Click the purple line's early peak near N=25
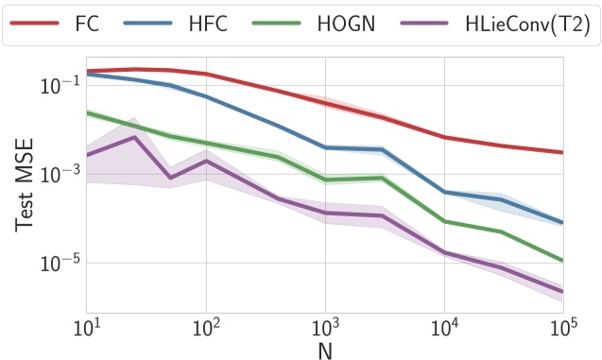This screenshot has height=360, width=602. [x=134, y=137]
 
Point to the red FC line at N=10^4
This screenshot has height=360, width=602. [x=444, y=137]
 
